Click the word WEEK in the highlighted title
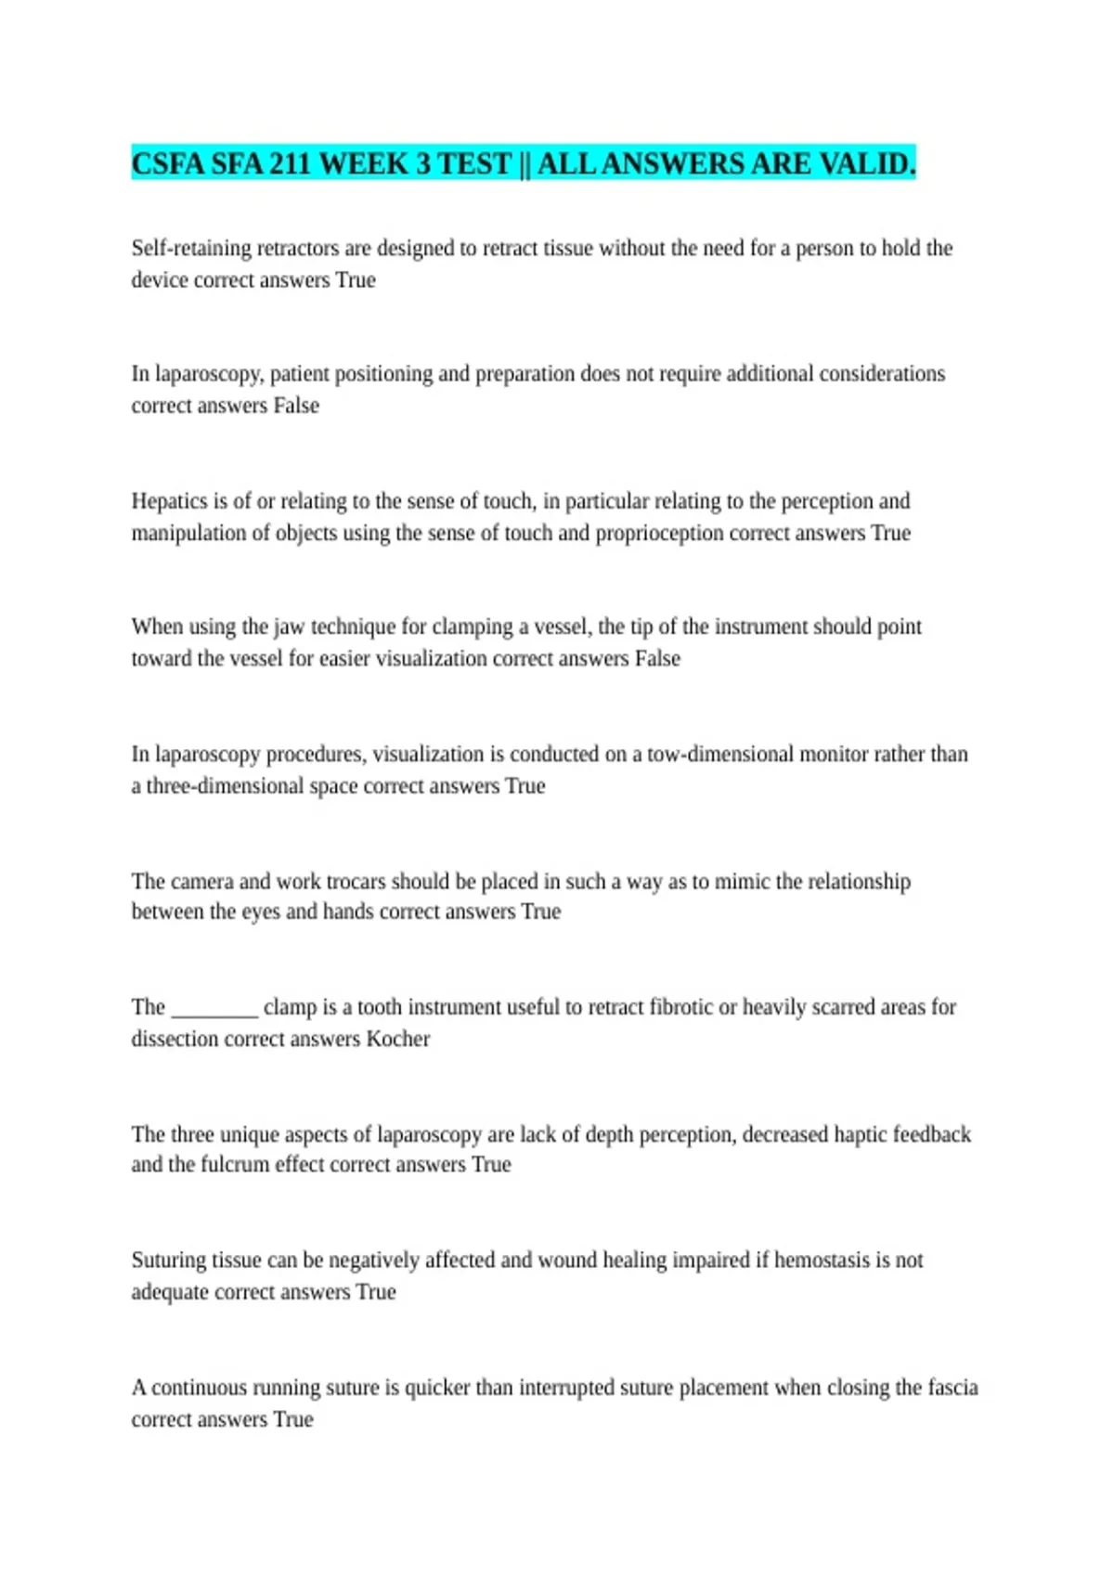click(x=364, y=163)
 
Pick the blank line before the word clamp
click(x=214, y=1008)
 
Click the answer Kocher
click(x=398, y=1039)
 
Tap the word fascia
click(x=952, y=1388)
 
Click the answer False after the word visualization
click(x=657, y=659)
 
